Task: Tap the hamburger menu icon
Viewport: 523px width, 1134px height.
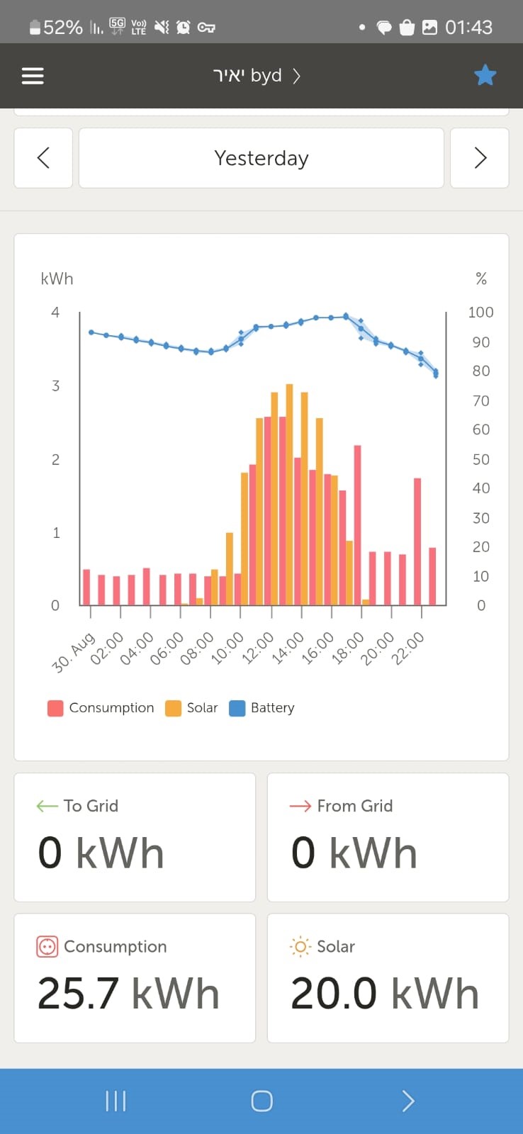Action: [x=33, y=76]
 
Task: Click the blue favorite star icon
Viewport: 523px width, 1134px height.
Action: [x=485, y=75]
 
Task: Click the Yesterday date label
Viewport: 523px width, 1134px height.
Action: [x=261, y=158]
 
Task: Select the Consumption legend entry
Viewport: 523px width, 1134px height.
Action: [x=101, y=708]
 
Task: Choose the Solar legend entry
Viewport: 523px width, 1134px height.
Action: [x=191, y=708]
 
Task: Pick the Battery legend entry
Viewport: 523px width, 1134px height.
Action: [x=261, y=708]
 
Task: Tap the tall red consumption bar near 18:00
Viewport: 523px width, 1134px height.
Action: [x=358, y=524]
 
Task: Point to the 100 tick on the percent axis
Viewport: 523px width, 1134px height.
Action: [x=480, y=313]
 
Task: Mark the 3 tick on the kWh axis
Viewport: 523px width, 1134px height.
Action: [x=55, y=386]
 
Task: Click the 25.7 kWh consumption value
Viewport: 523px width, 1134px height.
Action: [x=128, y=994]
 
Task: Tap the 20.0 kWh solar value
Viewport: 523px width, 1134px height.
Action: [x=385, y=994]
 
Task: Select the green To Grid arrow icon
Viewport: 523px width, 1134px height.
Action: [x=47, y=806]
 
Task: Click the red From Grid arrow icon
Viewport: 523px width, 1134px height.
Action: [x=300, y=806]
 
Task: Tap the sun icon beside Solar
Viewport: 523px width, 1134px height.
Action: [x=300, y=947]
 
